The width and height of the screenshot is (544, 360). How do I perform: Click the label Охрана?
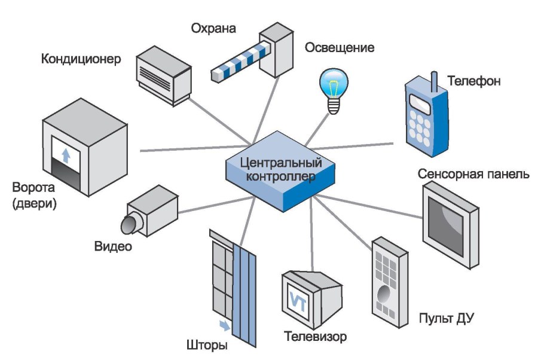pos(213,28)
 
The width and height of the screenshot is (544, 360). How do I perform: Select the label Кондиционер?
pos(81,59)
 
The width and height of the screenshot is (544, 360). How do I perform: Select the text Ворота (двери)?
pos(34,196)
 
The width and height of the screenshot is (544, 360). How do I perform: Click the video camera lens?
pos(129,224)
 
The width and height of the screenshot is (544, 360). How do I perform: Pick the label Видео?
pos(112,246)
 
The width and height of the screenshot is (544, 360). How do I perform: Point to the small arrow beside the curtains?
pos(223,325)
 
